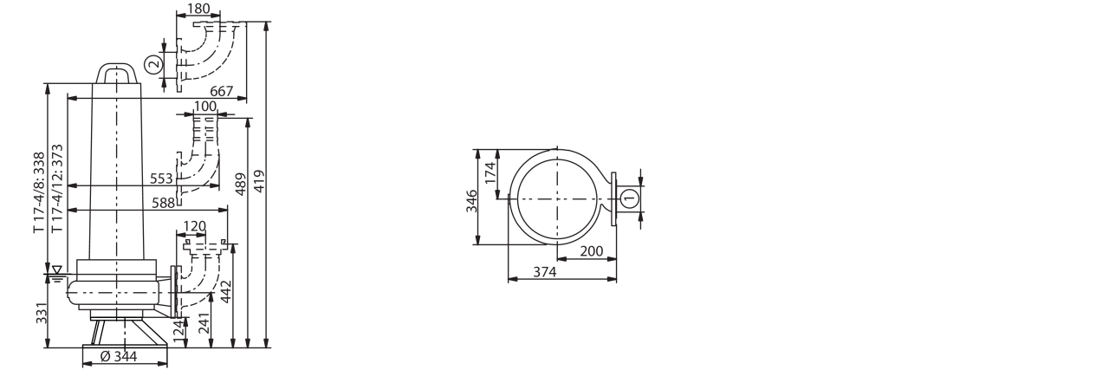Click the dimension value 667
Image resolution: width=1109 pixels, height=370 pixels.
pos(221,91)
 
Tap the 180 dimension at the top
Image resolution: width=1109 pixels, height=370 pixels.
pos(199,9)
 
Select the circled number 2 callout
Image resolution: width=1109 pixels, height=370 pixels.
pos(154,64)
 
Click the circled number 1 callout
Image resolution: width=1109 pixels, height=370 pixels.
pos(630,198)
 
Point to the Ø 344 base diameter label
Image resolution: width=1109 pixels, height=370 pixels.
pos(119,356)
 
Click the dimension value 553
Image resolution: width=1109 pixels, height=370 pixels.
pos(161,179)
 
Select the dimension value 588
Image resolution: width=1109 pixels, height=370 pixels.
pos(164,203)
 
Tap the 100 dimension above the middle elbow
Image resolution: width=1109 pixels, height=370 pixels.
pos(205,107)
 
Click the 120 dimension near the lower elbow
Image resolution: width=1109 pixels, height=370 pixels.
pos(194,226)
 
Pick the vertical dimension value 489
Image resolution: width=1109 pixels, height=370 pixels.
pos(240,184)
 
